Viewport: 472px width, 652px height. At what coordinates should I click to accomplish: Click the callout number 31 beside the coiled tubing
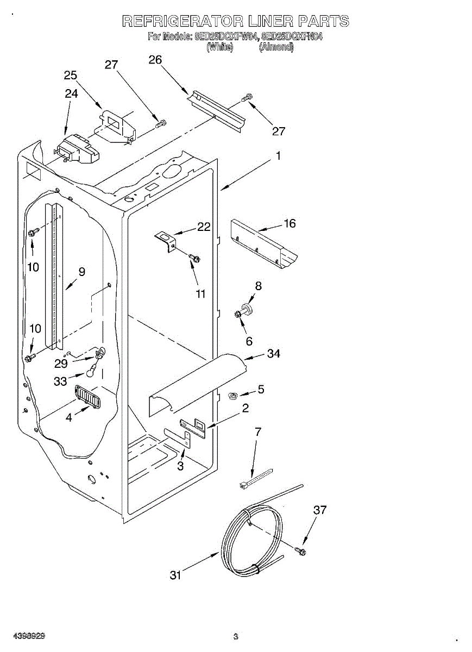(x=175, y=575)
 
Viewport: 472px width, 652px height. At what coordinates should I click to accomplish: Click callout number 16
(x=290, y=223)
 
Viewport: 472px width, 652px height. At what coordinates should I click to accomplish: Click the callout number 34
(x=274, y=354)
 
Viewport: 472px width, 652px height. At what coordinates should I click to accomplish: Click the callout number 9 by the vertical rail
(x=81, y=272)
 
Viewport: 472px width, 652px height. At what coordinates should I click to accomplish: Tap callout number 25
(x=70, y=76)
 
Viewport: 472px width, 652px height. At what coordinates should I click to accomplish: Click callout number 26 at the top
(x=155, y=60)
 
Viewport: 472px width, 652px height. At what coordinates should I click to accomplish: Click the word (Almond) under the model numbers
(x=276, y=47)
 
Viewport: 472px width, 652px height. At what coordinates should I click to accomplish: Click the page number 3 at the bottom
(x=236, y=636)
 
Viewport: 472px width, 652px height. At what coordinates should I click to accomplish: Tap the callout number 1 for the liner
(x=278, y=156)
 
